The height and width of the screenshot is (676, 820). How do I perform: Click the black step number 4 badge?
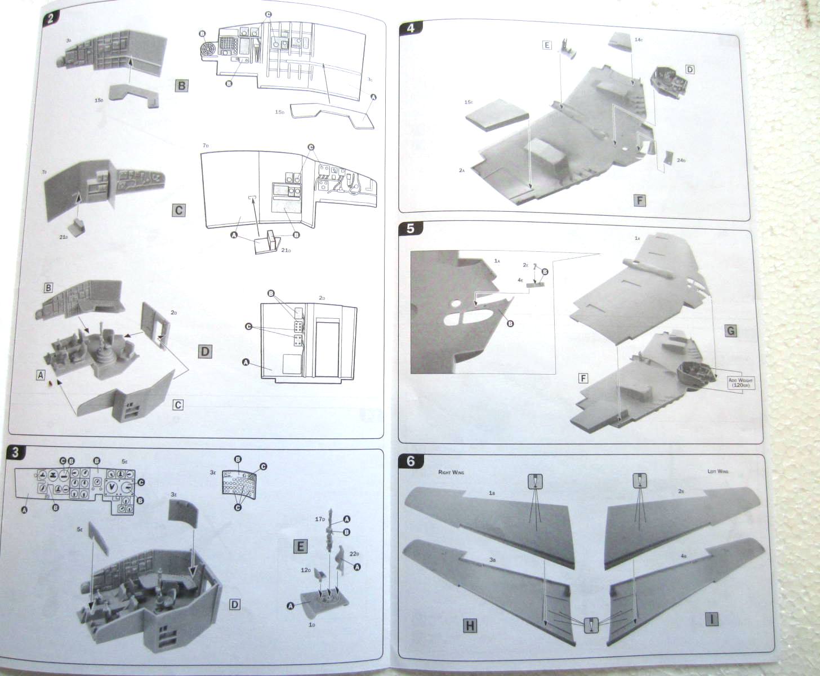click(x=411, y=28)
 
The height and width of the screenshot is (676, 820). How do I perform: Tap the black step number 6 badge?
click(x=411, y=461)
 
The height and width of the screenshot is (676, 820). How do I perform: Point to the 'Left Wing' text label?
click(x=717, y=471)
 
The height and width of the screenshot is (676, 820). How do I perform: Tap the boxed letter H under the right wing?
click(x=470, y=625)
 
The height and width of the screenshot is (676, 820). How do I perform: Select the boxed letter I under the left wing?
click(x=712, y=619)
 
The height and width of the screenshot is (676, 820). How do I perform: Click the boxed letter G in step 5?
click(x=730, y=331)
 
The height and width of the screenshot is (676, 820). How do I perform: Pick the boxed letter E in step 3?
click(x=300, y=546)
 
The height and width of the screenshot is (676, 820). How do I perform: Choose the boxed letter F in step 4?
click(x=639, y=201)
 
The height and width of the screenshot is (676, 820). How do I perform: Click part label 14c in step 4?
click(x=638, y=39)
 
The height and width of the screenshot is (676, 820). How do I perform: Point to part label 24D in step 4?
click(x=681, y=161)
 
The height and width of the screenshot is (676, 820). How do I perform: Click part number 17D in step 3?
click(x=319, y=519)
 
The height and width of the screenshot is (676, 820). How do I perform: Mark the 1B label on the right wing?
click(x=492, y=492)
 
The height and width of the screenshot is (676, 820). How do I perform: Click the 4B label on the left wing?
click(x=683, y=555)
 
